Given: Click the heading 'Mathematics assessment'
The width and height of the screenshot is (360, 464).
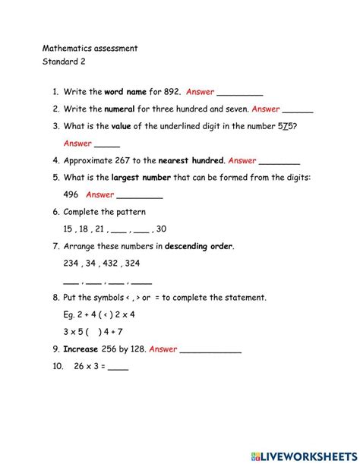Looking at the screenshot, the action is click(90, 48).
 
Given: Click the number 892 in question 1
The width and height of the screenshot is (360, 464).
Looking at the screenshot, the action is click(169, 91).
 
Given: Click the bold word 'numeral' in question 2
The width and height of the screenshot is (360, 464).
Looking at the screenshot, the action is click(119, 109).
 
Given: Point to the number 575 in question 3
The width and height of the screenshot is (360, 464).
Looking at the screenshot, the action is click(286, 125).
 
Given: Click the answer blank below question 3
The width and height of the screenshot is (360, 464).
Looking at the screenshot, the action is click(107, 143).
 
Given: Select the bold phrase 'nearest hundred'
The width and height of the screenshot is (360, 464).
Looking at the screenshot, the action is click(191, 160).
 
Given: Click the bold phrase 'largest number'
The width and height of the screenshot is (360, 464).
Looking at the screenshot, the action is click(141, 177).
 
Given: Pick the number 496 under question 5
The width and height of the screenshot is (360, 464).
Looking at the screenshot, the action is click(71, 194).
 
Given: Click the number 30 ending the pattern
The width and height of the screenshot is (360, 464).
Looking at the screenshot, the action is click(161, 229).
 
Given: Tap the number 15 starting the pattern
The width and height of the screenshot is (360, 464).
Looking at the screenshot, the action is click(68, 229).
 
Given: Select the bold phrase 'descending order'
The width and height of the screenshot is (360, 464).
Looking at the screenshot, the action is click(199, 246).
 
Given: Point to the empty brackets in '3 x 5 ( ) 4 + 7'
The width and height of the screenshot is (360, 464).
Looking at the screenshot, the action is click(94, 332).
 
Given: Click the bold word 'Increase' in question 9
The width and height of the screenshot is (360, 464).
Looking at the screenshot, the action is click(81, 349).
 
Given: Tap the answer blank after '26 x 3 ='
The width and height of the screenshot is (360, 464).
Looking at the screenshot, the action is click(118, 366).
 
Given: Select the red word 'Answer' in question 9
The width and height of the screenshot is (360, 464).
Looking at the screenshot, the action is click(163, 349).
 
